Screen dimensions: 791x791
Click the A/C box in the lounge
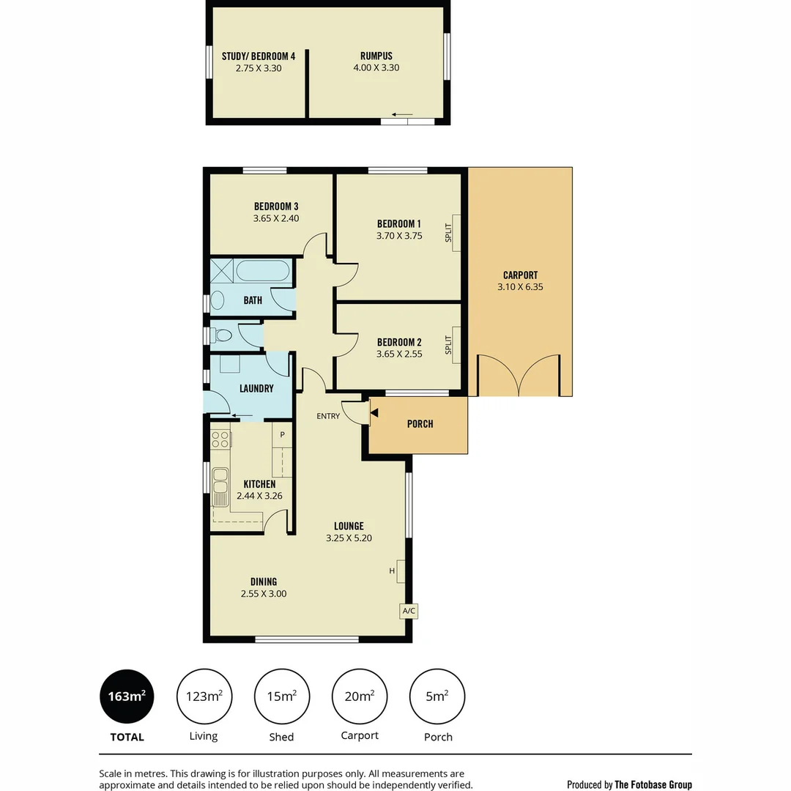tap(409, 611)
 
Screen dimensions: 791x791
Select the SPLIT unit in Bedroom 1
tap(456, 233)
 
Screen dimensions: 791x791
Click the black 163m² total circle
tap(127, 696)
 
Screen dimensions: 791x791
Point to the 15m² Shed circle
tap(282, 696)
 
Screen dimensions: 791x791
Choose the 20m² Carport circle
tap(360, 696)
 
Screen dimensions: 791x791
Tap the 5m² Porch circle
tap(437, 696)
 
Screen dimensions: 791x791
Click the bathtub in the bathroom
tap(263, 272)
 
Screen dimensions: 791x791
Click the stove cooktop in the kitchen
tap(220, 439)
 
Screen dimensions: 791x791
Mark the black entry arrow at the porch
tap(374, 413)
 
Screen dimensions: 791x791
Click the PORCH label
tap(420, 424)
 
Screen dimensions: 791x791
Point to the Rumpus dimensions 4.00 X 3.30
tap(376, 67)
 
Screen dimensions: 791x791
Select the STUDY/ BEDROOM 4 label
tap(259, 56)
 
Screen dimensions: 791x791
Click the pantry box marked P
tap(283, 434)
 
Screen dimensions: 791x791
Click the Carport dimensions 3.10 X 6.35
tap(520, 287)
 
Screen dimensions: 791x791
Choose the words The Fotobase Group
tap(653, 784)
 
